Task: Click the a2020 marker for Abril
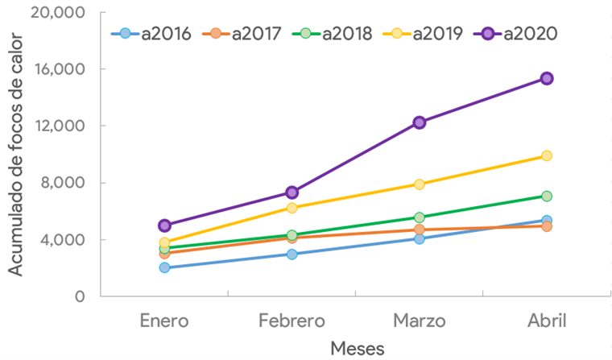point(547,78)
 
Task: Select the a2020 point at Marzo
point(420,122)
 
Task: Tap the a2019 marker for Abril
point(547,155)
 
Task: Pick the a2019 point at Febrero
point(292,208)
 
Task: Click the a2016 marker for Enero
point(164,267)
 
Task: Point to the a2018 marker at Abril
point(547,196)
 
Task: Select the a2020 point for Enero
point(164,226)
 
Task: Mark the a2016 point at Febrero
point(292,254)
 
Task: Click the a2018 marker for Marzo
point(420,217)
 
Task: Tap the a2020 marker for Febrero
point(292,192)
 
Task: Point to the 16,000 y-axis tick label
point(62,69)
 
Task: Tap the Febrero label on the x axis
point(292,321)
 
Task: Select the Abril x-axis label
point(547,321)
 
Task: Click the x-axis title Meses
point(357,348)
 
